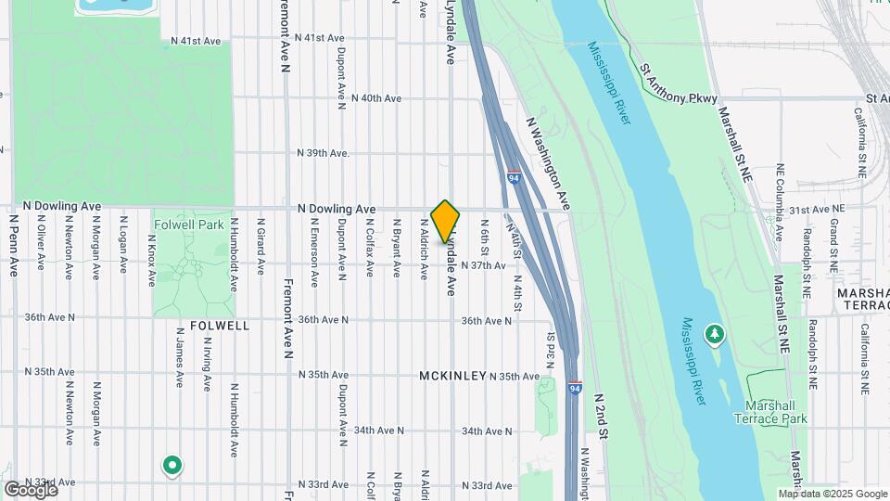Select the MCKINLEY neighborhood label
click(x=452, y=376)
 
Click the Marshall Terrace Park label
click(x=776, y=412)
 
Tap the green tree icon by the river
click(x=714, y=332)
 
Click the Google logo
click(x=31, y=490)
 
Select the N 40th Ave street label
click(x=369, y=97)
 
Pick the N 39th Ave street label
click(x=323, y=153)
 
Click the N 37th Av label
click(x=483, y=265)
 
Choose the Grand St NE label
click(x=834, y=239)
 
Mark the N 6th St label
click(x=484, y=236)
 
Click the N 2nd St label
click(x=600, y=414)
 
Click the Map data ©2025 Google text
click(x=833, y=494)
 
